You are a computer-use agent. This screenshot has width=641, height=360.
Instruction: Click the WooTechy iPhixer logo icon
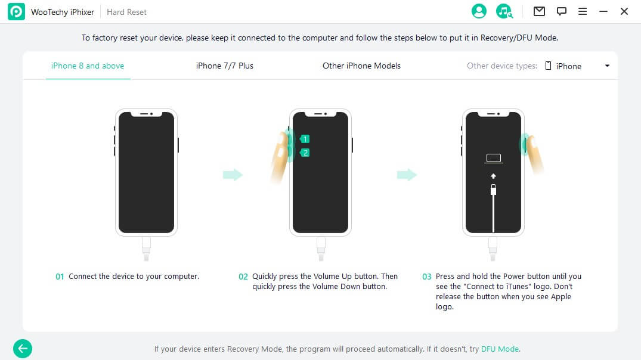point(16,12)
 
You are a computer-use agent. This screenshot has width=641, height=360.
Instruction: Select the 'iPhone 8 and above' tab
point(88,66)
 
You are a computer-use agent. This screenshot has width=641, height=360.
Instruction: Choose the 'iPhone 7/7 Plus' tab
point(224,66)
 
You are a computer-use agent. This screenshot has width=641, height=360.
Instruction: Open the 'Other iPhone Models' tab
point(361,66)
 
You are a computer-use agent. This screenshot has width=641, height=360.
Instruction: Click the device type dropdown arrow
point(607,66)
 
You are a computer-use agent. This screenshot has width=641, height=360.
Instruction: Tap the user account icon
point(479,11)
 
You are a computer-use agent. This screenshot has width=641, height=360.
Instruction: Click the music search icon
point(504,11)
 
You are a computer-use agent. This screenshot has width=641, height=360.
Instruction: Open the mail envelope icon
point(539,11)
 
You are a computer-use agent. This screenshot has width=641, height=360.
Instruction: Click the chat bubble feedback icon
point(561,11)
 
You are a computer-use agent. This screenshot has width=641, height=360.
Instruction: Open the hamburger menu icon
point(583,11)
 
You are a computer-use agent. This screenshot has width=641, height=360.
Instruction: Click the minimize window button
point(603,12)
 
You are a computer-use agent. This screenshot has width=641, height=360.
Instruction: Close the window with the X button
point(624,11)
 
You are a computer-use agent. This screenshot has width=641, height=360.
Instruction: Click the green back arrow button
point(23,349)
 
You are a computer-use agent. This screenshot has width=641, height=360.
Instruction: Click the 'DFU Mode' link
point(500,349)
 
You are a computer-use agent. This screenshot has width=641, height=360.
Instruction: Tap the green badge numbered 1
point(305,139)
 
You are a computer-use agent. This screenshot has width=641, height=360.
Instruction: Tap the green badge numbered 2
point(305,153)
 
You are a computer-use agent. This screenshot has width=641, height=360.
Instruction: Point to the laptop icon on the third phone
point(494,159)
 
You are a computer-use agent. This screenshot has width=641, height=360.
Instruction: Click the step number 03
point(426,277)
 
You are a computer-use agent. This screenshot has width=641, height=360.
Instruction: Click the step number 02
point(243,277)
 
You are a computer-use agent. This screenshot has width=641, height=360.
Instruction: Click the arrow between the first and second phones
point(233,175)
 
